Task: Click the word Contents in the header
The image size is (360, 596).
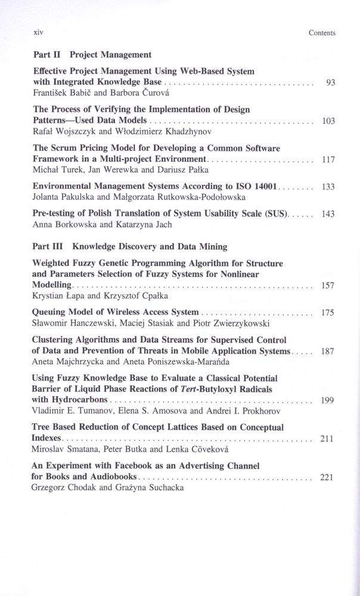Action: click(322, 33)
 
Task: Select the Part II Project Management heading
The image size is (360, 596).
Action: click(92, 55)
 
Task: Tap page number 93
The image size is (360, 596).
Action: click(331, 83)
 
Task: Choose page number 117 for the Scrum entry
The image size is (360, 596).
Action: click(328, 160)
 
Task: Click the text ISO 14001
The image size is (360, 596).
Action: click(255, 187)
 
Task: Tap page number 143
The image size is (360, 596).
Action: click(328, 214)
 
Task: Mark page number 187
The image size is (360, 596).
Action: click(328, 352)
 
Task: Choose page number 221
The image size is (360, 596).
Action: click(328, 477)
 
